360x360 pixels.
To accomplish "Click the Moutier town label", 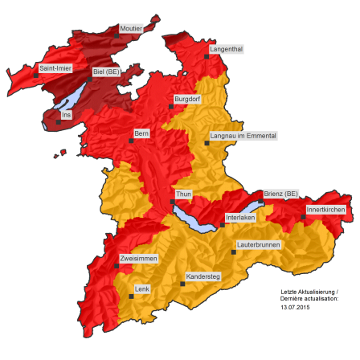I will pos(131,29).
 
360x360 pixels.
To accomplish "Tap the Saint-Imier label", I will pos(55,68).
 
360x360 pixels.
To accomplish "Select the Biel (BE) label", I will pos(106,71).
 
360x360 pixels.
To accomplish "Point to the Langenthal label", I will pos(226,49).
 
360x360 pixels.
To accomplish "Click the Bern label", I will pos(142,133).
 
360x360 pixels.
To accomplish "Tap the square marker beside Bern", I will pos(131,141).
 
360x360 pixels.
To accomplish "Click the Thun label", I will pos(183,194).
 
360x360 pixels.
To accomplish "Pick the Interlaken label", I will pos(240,217).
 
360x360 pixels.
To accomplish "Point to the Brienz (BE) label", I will pos(280,194).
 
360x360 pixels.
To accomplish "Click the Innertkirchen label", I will pos(326,209).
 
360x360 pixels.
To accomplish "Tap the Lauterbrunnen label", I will pos(258,243).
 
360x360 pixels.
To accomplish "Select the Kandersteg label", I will pos(202,276).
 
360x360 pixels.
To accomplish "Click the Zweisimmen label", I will pos(138,258).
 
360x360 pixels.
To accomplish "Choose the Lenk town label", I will pos(142,288).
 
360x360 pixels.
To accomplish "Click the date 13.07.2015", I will pos(295,306).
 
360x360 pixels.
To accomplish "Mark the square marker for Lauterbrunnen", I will pos(234,252).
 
